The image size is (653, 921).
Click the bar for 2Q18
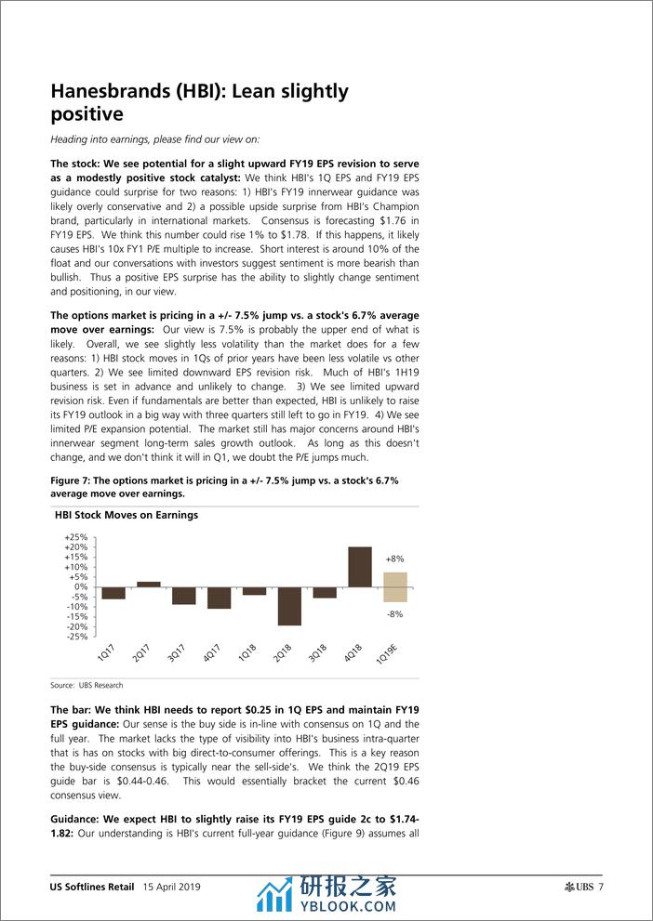289,606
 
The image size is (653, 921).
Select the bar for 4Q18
360,567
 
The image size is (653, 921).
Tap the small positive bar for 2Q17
149,585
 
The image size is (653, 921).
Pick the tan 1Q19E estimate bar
395,587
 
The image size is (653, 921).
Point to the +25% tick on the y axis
75,537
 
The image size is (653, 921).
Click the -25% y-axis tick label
76,637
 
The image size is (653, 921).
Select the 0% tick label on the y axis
81,586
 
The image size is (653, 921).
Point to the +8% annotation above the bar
394,559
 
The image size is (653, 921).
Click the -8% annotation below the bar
394,614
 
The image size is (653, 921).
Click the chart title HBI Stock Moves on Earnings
126,515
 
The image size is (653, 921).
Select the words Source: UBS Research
87,685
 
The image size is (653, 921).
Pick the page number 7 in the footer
602,887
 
